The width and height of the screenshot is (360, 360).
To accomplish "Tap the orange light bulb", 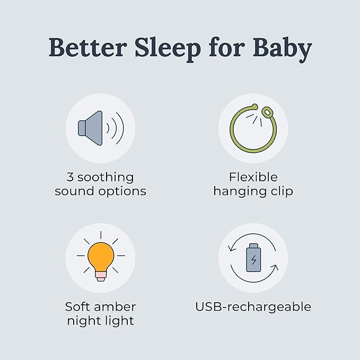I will [100, 254].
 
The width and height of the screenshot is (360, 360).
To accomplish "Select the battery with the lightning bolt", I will [253, 258].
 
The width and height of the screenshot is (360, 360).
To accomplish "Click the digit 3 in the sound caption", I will [71, 177].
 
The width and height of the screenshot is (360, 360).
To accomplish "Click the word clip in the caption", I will [280, 191].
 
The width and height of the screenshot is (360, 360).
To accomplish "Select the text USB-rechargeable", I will [253, 307].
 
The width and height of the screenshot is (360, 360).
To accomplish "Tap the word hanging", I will [239, 191].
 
